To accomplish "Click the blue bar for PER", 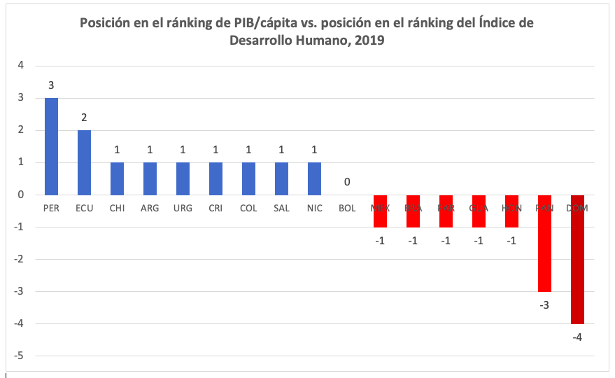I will coord(51,146).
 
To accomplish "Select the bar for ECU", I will coord(84,162).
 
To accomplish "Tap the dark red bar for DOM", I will coord(577,260).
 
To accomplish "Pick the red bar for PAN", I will coord(544,244).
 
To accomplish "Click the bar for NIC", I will coord(313,178).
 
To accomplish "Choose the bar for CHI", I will coord(117,178).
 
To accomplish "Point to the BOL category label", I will coord(346,209).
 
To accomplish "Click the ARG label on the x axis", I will coord(150,209).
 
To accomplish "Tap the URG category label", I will coord(183,209).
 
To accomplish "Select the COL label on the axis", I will coord(248,209).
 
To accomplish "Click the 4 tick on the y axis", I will coord(20,66).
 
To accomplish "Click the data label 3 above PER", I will coord(51,85).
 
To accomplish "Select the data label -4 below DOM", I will coord(577,337).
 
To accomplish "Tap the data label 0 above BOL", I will coord(346,182).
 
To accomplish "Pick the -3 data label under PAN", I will coord(544,304).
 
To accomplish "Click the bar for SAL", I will coord(281,178).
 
